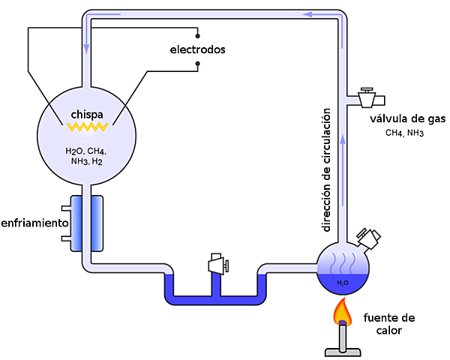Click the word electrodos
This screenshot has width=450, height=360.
coord(197,49)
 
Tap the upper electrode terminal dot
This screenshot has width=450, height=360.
coord(197,34)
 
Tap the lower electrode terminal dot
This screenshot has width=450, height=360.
coord(197,64)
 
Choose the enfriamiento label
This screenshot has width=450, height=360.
coord(34,223)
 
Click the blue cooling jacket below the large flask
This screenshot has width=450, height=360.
coord(86,222)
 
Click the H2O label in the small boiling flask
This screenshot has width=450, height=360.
coord(342,283)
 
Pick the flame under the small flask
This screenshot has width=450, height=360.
coord(343,310)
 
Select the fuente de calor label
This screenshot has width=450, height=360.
coord(388,323)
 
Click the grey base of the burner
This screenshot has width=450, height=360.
coord(343,349)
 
